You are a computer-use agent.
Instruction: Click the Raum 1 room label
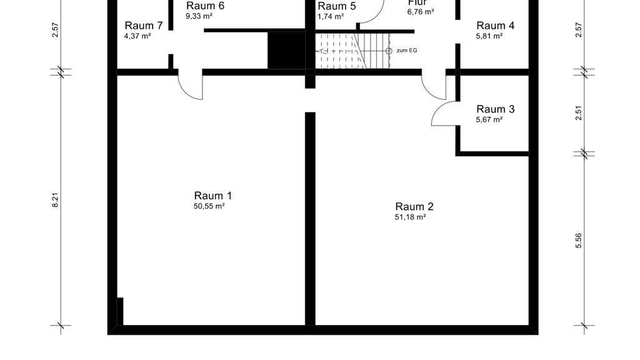[212, 196]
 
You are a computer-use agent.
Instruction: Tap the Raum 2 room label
[414, 206]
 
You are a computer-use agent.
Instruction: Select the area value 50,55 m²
[209, 206]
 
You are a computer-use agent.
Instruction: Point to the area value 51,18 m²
[410, 217]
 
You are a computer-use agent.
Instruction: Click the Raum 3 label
[496, 109]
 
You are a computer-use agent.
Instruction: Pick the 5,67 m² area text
[489, 119]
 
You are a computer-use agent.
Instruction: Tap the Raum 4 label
[496, 25]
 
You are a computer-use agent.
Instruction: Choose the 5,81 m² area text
[489, 36]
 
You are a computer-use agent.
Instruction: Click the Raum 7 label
[144, 25]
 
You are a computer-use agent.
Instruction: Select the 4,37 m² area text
[137, 36]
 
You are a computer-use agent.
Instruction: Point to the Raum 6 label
[205, 6]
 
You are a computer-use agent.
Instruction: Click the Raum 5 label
[337, 6]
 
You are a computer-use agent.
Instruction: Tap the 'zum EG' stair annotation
[407, 51]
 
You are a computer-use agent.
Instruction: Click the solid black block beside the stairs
[286, 51]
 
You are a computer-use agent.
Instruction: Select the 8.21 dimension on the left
[55, 200]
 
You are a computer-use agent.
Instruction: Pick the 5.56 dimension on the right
[578, 241]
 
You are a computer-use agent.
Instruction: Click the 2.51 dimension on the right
[578, 112]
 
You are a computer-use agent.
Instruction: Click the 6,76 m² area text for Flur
[421, 12]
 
